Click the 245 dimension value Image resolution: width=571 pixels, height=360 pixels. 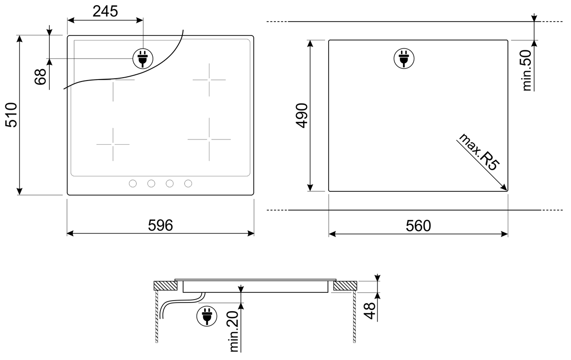coord(105,11)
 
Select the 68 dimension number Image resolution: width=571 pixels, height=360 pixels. coord(41,77)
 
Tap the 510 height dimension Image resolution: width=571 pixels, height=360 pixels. coord(11,115)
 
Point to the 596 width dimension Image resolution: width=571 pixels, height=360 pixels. coord(160,225)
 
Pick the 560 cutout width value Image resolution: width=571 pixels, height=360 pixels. coord(418,225)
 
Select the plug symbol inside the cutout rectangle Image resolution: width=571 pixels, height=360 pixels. coord(402,58)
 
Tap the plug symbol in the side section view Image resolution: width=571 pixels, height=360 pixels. coord(206,316)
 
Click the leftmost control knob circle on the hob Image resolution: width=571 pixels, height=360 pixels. coord(133,183)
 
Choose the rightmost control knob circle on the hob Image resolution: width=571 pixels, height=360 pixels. coord(188,183)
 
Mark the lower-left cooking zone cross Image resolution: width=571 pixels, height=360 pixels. coord(113,144)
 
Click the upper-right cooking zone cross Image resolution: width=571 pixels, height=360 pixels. coord(209,80)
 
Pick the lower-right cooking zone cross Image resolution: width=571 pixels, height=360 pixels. coord(209,139)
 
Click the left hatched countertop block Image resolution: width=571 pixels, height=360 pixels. coord(165,286)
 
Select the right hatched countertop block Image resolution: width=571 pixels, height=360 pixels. coord(344,286)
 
